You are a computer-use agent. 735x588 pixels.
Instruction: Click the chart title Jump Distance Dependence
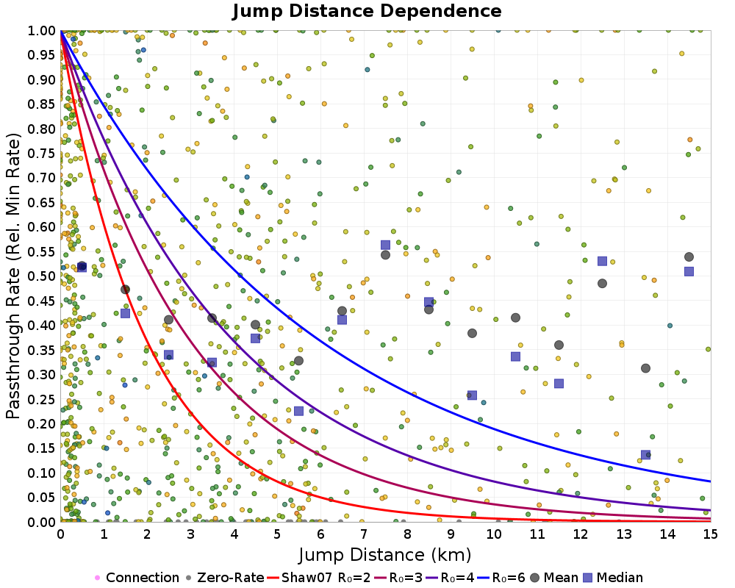[x=367, y=11]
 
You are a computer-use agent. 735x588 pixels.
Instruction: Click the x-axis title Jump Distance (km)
[x=384, y=553]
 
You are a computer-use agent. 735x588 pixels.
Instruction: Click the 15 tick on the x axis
[x=711, y=534]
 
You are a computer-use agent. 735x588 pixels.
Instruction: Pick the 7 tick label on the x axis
[x=364, y=534]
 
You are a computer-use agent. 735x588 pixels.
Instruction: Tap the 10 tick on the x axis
[x=494, y=534]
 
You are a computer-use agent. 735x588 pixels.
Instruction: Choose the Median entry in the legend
[x=614, y=578]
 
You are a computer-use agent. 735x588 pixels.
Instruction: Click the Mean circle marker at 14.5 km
[x=689, y=257]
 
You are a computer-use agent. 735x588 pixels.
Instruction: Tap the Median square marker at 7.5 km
[x=385, y=245]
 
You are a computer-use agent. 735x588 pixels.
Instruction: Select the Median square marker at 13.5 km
[x=645, y=455]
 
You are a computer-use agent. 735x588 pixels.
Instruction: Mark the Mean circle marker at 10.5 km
[x=515, y=318]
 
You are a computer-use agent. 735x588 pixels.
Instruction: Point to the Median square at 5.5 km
[x=298, y=411]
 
